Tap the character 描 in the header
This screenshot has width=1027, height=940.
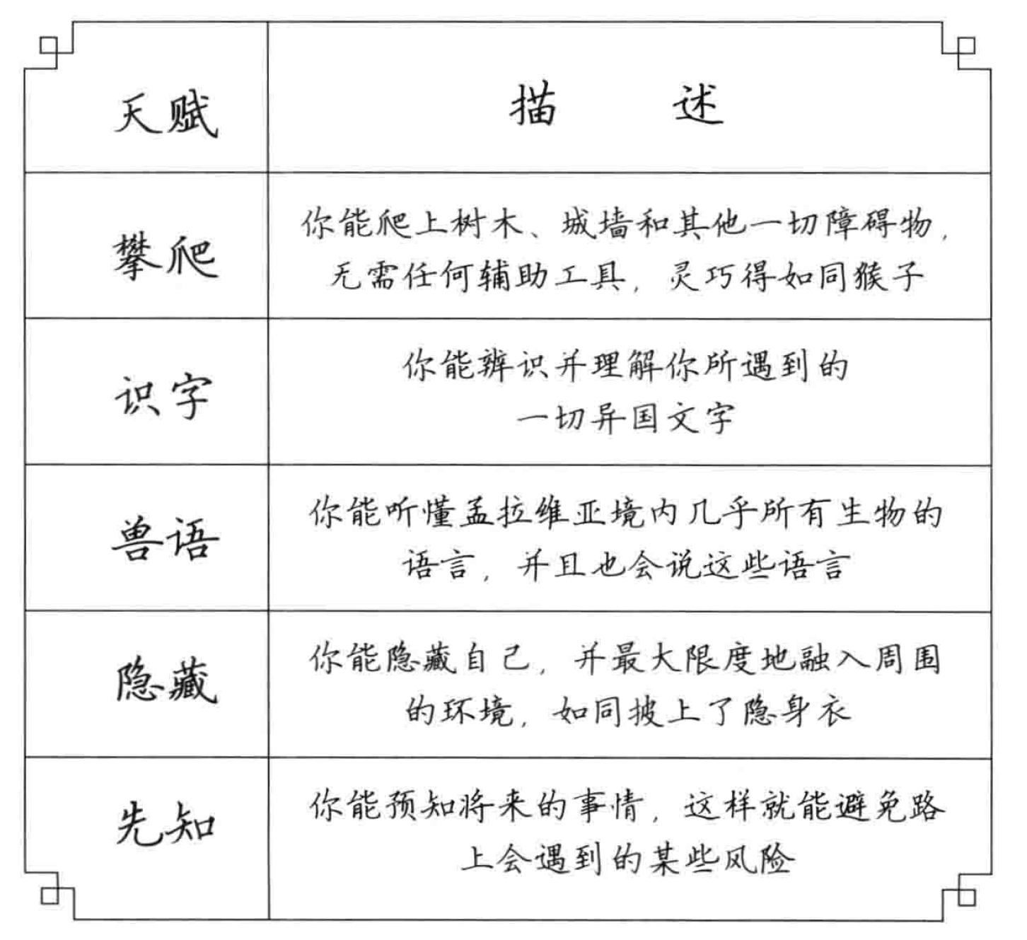pyautogui.click(x=533, y=104)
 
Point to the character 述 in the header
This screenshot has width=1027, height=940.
pyautogui.click(x=698, y=104)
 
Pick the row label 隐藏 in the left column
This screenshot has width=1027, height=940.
pyautogui.click(x=167, y=681)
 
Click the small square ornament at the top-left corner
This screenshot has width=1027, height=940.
pyautogui.click(x=49, y=45)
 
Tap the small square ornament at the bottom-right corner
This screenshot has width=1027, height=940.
pyautogui.click(x=967, y=896)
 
